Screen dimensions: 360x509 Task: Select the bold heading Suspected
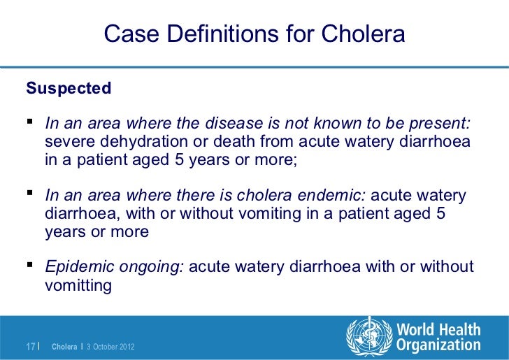click(68, 89)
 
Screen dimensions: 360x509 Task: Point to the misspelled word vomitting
click(78, 285)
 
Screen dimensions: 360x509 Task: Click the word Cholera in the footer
click(65, 347)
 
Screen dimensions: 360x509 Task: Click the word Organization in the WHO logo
click(438, 345)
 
